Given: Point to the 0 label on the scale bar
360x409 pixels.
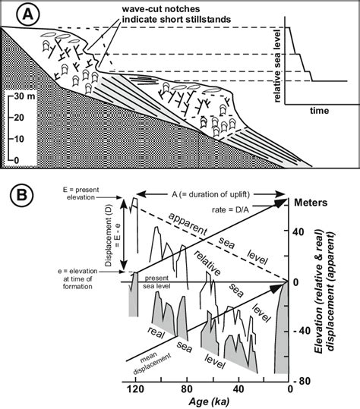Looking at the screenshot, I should click(x=17, y=160).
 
